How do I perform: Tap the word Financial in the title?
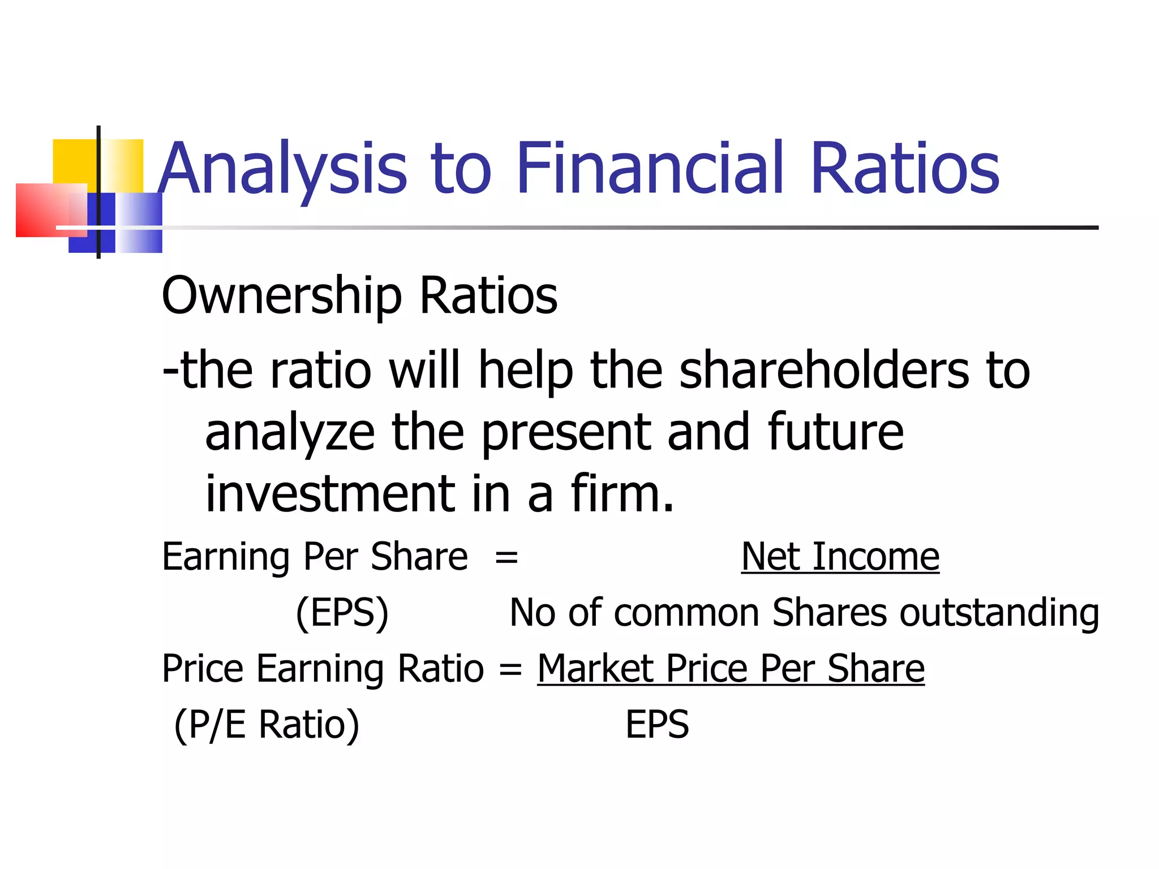click(x=650, y=168)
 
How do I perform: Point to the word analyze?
click(x=290, y=433)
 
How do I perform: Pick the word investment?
click(x=329, y=494)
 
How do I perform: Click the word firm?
click(x=622, y=494)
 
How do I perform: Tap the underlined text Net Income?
click(x=840, y=557)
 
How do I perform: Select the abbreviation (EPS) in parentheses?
click(x=342, y=613)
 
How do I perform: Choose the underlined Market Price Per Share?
click(x=731, y=669)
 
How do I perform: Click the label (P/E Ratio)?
click(x=267, y=725)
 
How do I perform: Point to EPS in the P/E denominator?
click(x=656, y=725)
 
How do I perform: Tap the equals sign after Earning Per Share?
click(x=506, y=558)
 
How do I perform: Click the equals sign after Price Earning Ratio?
click(x=510, y=670)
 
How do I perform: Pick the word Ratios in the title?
click(x=904, y=168)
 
